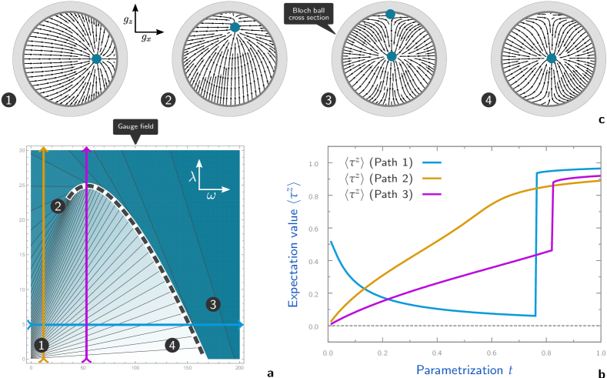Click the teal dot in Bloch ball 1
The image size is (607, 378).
click(96, 59)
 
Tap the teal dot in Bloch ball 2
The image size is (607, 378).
click(235, 27)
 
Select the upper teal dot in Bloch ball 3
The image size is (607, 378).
click(390, 15)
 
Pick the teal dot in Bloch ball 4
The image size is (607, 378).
click(551, 58)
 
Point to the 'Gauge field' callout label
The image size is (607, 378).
click(135, 127)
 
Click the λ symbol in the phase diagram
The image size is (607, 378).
click(193, 176)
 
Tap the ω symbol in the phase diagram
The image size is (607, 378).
click(211, 196)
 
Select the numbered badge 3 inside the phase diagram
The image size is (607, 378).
click(212, 305)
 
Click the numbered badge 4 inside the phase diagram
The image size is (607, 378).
click(173, 346)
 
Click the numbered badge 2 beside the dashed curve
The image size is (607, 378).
click(57, 206)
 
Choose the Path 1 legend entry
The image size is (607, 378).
click(392, 162)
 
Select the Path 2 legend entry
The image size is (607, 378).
click(392, 179)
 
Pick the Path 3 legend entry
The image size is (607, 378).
click(392, 195)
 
